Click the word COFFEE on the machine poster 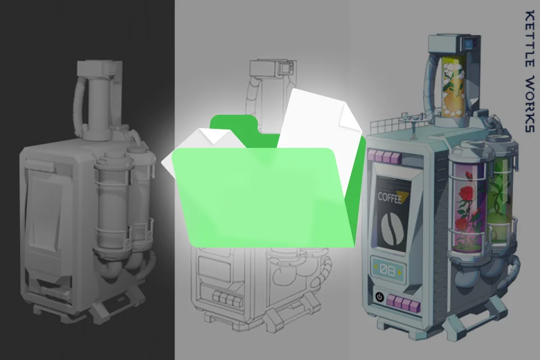tap(389, 198)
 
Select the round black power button tap(380, 296)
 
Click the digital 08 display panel tap(388, 269)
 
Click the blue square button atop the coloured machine tap(468, 44)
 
